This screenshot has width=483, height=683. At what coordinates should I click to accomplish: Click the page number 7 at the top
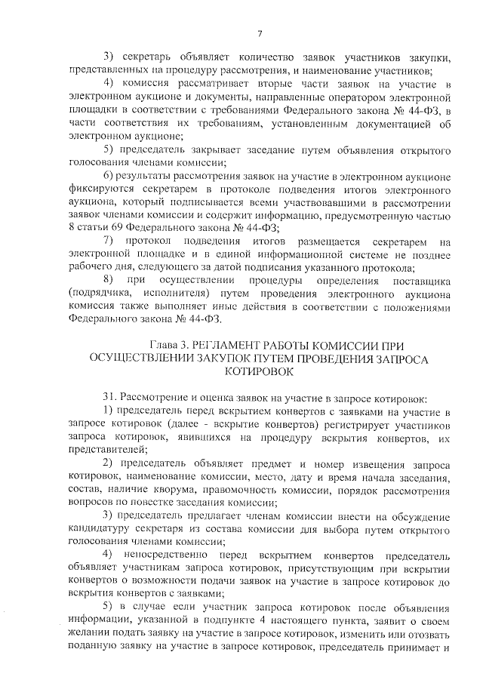(259, 32)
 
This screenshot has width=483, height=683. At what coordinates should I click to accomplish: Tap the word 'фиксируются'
(100, 189)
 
